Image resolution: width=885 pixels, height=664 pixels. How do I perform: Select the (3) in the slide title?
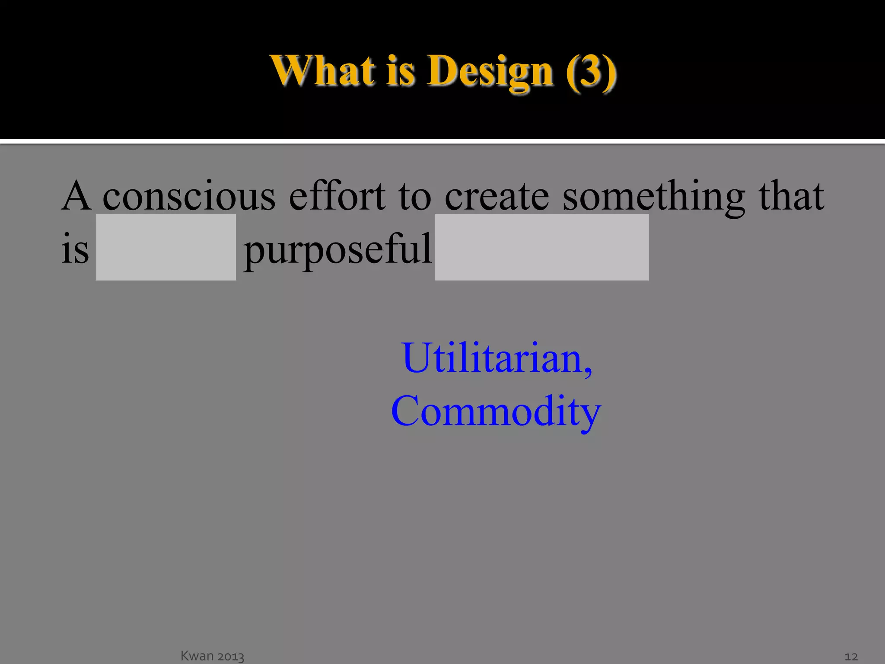coord(591,71)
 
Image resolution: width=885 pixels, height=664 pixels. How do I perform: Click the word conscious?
coord(188,197)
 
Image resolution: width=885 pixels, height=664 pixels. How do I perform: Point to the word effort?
coord(337,197)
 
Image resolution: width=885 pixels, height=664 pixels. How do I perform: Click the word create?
coord(497,197)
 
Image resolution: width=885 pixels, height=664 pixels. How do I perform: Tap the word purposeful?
coord(337,250)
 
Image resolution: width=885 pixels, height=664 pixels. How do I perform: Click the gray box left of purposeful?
coord(166,247)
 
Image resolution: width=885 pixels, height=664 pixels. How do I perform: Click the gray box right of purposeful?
coord(541,247)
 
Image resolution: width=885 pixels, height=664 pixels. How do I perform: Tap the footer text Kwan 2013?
coord(212,656)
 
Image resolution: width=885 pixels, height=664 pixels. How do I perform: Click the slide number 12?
coord(850,657)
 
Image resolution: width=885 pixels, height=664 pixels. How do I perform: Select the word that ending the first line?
coord(791,197)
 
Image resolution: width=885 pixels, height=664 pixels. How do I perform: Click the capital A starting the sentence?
coord(76,197)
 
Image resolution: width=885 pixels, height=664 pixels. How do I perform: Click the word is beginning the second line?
coord(75,249)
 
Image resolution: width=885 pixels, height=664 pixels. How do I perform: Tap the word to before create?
coord(414,197)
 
